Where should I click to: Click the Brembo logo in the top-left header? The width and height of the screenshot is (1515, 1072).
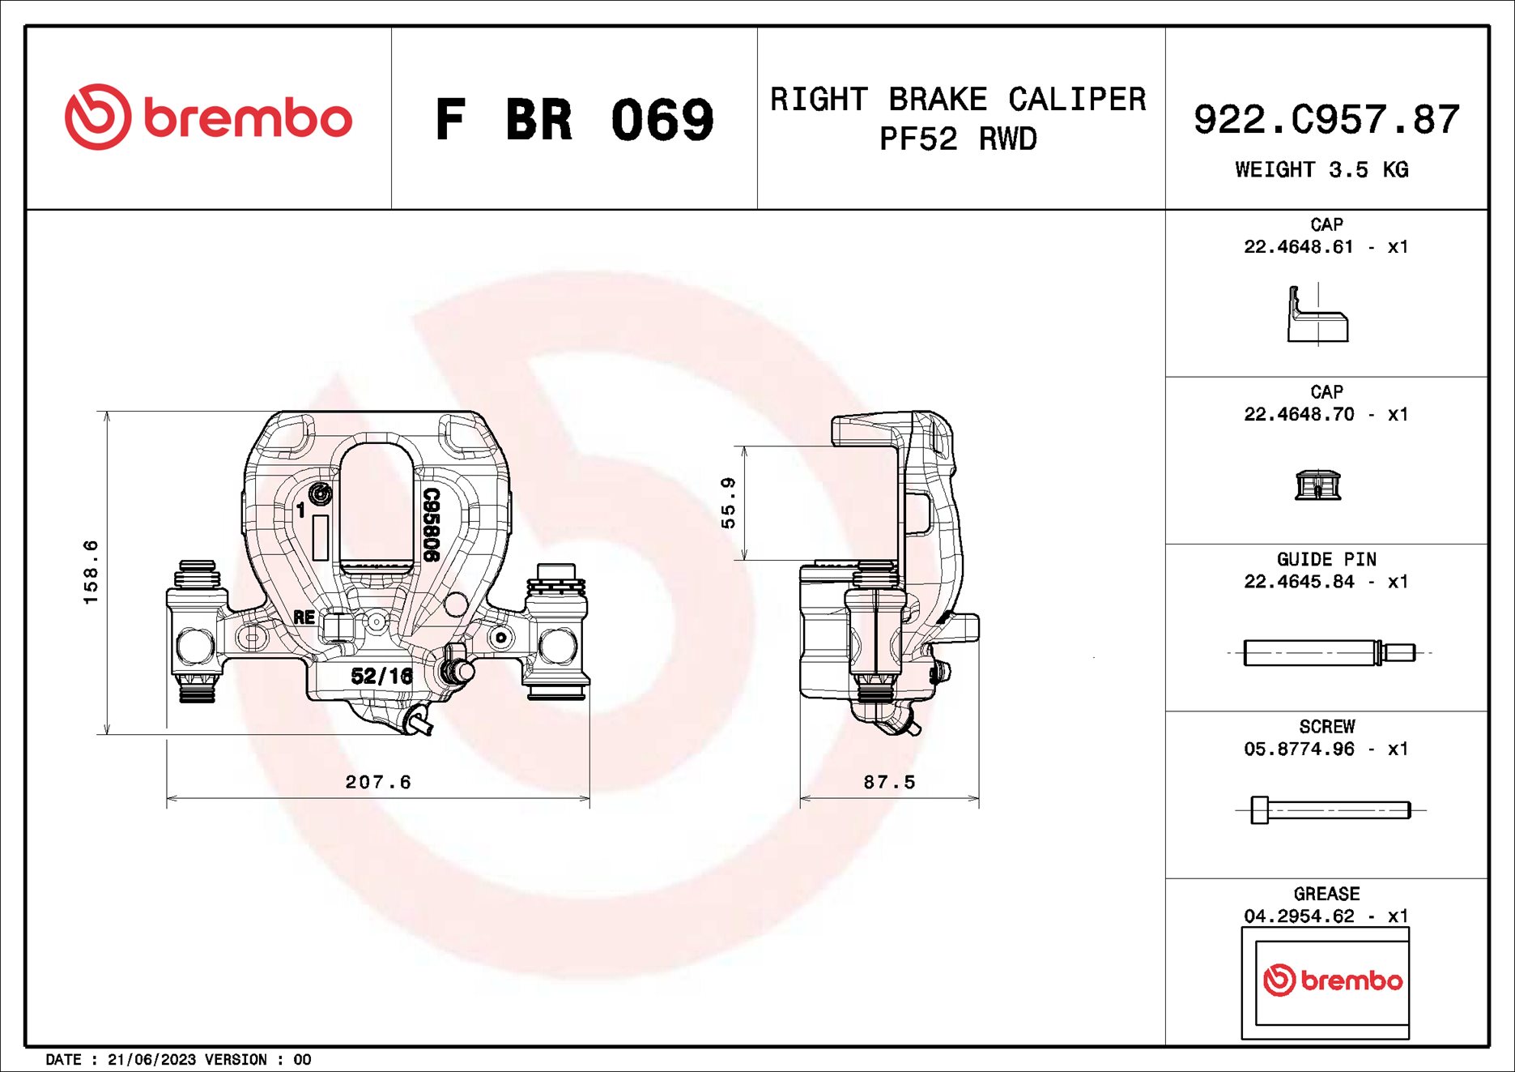pos(208,117)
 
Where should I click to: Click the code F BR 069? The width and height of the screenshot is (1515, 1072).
pos(574,120)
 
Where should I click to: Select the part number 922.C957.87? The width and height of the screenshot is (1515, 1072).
pos(1326,120)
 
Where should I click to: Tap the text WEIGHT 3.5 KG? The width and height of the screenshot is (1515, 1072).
pos(1321,170)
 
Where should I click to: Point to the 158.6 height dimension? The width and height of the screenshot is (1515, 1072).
pos(91,572)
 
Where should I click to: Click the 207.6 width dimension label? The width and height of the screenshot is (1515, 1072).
pos(378,782)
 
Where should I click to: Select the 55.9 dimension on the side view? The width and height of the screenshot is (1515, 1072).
pos(729,503)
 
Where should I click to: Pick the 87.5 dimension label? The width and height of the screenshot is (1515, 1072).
pos(889,782)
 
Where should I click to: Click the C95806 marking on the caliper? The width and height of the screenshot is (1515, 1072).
pos(431,524)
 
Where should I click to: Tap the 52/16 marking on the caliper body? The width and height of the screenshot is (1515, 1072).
pos(381,676)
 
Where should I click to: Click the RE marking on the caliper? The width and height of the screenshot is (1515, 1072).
pos(304,617)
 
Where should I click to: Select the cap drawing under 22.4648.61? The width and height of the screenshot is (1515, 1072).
pos(1317,314)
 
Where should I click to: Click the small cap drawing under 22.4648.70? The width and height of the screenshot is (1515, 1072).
pos(1317,485)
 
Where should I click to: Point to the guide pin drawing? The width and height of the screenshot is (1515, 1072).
pos(1328,652)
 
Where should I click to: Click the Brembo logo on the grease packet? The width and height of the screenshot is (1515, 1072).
pos(1332,980)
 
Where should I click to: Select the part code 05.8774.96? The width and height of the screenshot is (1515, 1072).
pos(1299,750)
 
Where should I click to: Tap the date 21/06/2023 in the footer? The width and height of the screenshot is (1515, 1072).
pos(151,1060)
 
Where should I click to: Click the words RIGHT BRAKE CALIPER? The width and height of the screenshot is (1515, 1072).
pos(958,100)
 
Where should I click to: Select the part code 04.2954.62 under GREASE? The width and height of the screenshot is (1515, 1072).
pos(1299,916)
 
